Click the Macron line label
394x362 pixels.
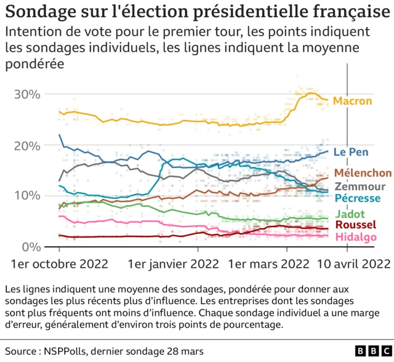353,100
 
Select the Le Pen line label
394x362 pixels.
350,151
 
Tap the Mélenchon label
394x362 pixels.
363,173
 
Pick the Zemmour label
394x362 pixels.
360,187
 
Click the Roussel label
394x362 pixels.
355,225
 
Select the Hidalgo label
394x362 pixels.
355,237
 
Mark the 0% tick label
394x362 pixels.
30,246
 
